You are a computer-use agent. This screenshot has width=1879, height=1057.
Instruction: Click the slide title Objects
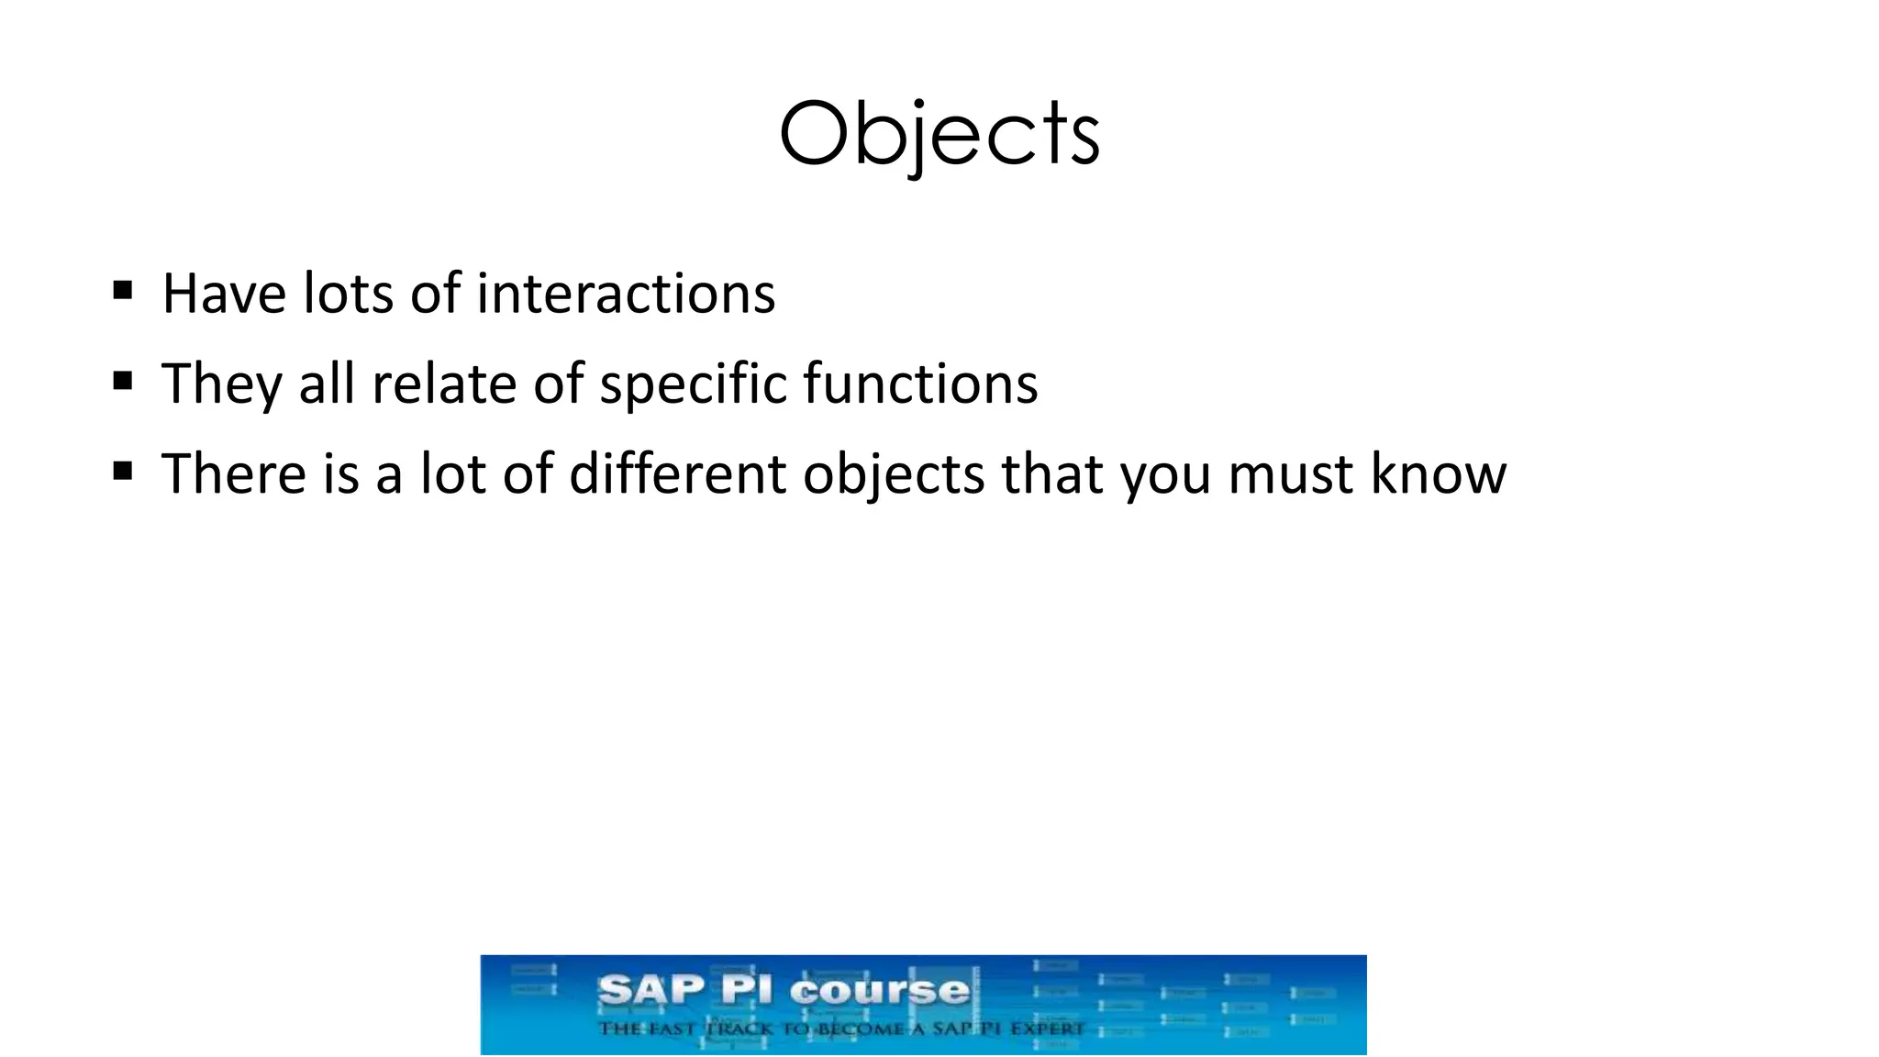click(939, 136)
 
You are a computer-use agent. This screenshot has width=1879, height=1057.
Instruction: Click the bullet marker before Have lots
click(123, 292)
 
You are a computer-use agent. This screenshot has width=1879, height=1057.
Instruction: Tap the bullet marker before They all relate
click(123, 381)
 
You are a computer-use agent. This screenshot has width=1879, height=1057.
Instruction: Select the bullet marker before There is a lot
click(123, 472)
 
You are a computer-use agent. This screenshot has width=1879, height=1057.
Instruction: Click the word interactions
click(626, 294)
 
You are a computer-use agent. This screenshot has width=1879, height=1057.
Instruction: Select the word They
click(221, 384)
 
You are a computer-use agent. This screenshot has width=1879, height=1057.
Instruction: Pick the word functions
click(920, 384)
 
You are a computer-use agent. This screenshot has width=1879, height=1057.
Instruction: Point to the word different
click(677, 473)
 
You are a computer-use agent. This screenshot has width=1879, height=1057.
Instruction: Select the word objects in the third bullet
click(893, 475)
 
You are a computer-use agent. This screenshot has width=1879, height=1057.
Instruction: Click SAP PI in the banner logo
click(685, 990)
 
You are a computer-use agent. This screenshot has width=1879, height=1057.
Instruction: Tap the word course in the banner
click(879, 990)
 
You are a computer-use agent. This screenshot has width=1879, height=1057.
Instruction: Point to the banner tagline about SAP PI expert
click(841, 1029)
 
